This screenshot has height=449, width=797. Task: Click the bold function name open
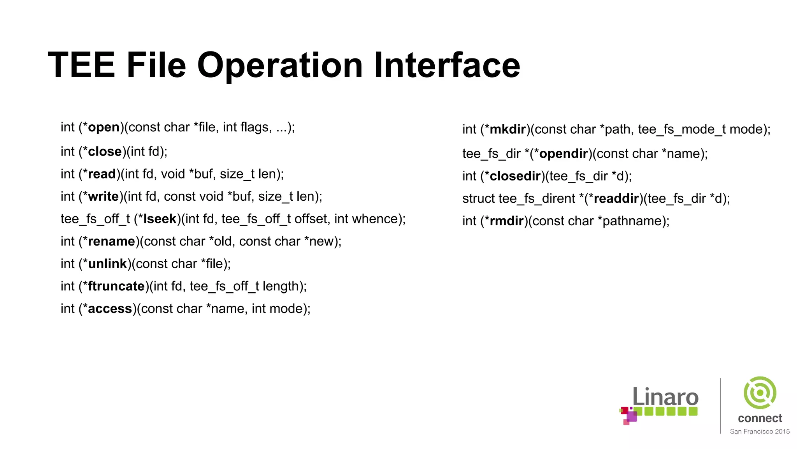[104, 127]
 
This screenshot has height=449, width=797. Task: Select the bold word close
[105, 152]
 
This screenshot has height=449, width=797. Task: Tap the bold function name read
[102, 174]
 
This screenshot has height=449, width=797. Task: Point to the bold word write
[103, 196]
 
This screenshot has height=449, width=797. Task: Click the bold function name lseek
[160, 219]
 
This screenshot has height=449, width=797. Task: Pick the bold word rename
[111, 242]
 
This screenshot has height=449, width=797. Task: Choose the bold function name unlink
[107, 264]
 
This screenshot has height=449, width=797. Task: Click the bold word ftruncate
[116, 286]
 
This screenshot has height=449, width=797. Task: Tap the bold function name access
[110, 309]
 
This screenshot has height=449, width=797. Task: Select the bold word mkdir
[508, 129]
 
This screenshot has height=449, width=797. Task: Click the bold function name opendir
[563, 154]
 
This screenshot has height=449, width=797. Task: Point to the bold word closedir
[515, 176]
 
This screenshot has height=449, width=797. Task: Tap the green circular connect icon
[760, 392]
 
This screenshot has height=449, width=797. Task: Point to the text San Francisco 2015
[760, 431]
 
